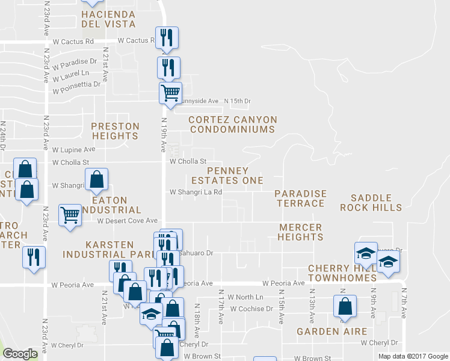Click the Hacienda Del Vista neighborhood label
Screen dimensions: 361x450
(109, 19)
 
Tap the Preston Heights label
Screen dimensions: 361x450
(115, 131)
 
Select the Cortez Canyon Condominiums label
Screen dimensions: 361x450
(232, 125)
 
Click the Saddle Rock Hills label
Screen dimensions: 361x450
(371, 202)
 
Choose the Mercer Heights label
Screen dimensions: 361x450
(300, 232)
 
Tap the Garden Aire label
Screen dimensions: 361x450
(323, 332)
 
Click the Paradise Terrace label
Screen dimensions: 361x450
(300, 199)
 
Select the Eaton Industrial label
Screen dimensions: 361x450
(114, 205)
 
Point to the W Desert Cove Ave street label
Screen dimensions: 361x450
(128, 221)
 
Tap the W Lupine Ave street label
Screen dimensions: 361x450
(74, 149)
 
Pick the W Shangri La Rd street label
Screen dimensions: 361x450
(196, 193)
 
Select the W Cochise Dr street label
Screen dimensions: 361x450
(251, 309)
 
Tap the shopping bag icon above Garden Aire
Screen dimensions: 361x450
(345, 306)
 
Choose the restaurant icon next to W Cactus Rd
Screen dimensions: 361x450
(165, 38)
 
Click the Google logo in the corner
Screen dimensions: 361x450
(20, 354)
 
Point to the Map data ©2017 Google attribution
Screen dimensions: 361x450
(413, 356)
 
